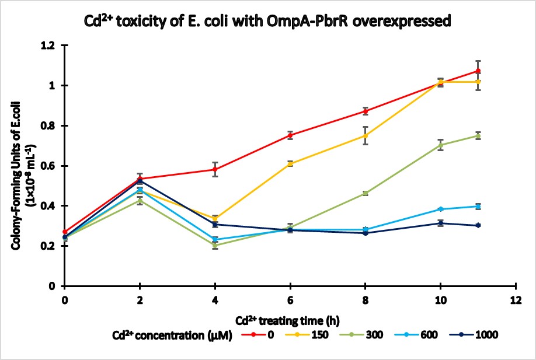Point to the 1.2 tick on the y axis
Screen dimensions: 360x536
tap(53, 46)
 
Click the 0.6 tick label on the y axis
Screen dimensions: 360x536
tap(53, 166)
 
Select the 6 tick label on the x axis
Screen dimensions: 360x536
tap(290, 299)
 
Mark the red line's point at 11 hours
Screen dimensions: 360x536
tap(478, 71)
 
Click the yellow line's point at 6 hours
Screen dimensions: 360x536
tap(290, 164)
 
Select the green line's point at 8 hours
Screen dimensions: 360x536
tap(366, 193)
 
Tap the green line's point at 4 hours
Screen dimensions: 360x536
tap(215, 246)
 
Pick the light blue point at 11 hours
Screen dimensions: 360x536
tap(478, 206)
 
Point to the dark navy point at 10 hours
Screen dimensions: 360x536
tap(441, 223)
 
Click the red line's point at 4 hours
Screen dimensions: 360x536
tap(215, 170)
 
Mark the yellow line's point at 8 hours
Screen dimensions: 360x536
tap(366, 135)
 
